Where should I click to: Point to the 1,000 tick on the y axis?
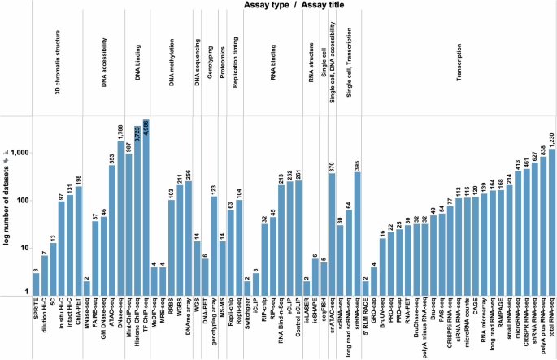click(x=18, y=153)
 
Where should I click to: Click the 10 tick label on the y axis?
click(x=22, y=248)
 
